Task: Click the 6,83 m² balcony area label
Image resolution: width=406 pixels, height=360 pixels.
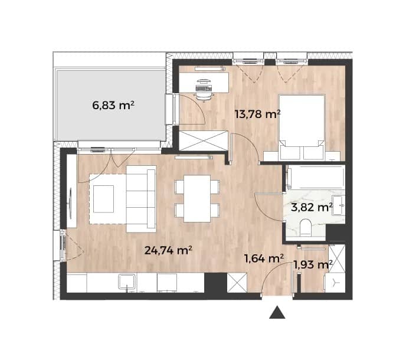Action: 113,106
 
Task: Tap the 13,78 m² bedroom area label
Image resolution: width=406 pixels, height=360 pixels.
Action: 257,114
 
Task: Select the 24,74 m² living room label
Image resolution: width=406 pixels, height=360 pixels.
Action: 168,250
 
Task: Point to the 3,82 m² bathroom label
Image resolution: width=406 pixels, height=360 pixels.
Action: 312,208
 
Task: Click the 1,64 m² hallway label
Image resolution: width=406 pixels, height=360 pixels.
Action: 264,258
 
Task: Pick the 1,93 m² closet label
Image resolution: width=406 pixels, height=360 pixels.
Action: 313,265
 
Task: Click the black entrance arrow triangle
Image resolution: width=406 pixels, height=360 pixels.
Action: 277,312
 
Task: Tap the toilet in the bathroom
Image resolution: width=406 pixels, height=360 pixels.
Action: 306,228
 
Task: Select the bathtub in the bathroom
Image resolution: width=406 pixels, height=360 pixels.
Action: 316,178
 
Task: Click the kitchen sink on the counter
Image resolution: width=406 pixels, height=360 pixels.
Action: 127,282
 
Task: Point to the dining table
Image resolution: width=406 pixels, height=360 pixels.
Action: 197,198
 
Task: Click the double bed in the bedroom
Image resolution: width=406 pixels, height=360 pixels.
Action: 302,127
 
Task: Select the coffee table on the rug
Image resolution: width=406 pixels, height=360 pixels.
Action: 104,199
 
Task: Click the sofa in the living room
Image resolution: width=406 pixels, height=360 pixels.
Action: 142,199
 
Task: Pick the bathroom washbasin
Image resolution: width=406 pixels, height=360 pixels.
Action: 339,205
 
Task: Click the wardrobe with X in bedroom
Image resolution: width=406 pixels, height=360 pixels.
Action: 204,141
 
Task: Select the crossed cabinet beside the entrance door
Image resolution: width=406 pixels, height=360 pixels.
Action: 237,283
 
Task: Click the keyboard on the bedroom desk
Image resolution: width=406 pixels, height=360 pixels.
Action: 204,89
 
